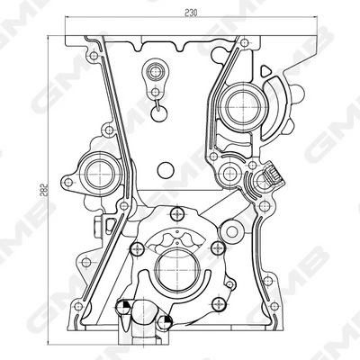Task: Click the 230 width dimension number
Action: click(191, 13)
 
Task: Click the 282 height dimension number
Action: click(43, 189)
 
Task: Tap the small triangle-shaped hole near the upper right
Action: click(265, 71)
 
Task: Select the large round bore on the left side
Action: click(100, 175)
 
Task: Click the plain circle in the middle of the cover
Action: click(166, 170)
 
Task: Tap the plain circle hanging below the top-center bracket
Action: click(159, 113)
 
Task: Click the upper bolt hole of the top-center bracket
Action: click(156, 72)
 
